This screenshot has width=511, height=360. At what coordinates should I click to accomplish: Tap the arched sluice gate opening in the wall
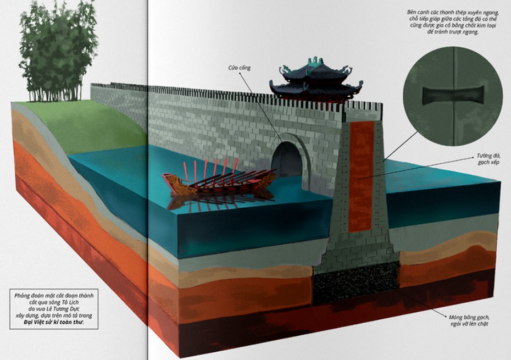pyautogui.click(x=286, y=159)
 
